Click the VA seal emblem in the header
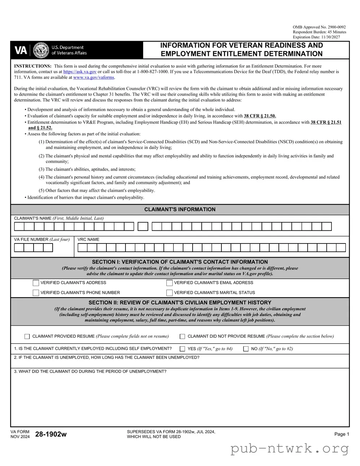[41, 50]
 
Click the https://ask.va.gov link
[80, 72]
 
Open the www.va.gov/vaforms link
[94, 78]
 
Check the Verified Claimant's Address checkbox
[36, 283]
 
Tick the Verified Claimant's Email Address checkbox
[169, 283]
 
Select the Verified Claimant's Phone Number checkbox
[36, 293]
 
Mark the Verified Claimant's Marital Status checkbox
[169, 293]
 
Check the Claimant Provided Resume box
[27, 337]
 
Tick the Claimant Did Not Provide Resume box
[182, 337]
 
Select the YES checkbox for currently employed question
[182, 349]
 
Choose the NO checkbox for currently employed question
[246, 349]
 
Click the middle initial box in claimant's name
[143, 227]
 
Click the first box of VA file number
[19, 248]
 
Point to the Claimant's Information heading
[180, 210]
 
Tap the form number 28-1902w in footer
[51, 434]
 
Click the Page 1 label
[341, 434]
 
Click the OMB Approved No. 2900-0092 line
[319, 27]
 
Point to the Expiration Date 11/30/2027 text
[316, 37]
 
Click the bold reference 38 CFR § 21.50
[260, 116]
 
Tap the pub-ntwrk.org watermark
[289, 449]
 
